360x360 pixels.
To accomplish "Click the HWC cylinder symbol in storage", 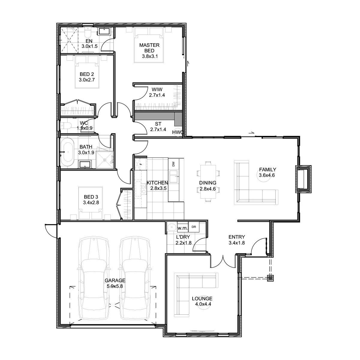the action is click(x=178, y=132).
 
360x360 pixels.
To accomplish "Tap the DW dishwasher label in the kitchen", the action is click(x=173, y=164).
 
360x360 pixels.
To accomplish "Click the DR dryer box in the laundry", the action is click(x=194, y=227).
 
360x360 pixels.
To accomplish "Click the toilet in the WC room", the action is click(x=66, y=125).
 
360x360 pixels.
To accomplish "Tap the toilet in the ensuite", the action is click(x=87, y=32).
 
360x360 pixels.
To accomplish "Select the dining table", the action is click(x=208, y=181).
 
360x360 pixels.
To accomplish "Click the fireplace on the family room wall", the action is click(x=303, y=179).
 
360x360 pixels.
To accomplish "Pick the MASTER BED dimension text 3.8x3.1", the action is click(x=150, y=56).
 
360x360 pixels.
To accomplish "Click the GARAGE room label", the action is click(x=115, y=280).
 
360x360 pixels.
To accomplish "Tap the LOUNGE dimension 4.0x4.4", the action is click(x=203, y=304).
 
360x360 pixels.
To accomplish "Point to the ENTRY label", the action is click(x=236, y=237).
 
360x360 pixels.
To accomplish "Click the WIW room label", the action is click(x=157, y=89).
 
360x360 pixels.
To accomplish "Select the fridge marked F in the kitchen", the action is click(x=141, y=164).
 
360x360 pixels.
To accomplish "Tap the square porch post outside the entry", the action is click(x=270, y=278).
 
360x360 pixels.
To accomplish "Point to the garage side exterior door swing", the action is click(x=50, y=231).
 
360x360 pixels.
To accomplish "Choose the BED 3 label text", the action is click(x=91, y=197).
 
